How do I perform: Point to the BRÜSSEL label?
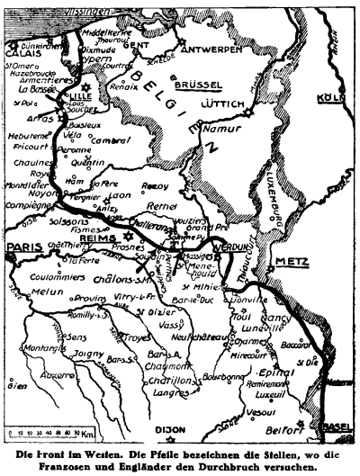[199, 85]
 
